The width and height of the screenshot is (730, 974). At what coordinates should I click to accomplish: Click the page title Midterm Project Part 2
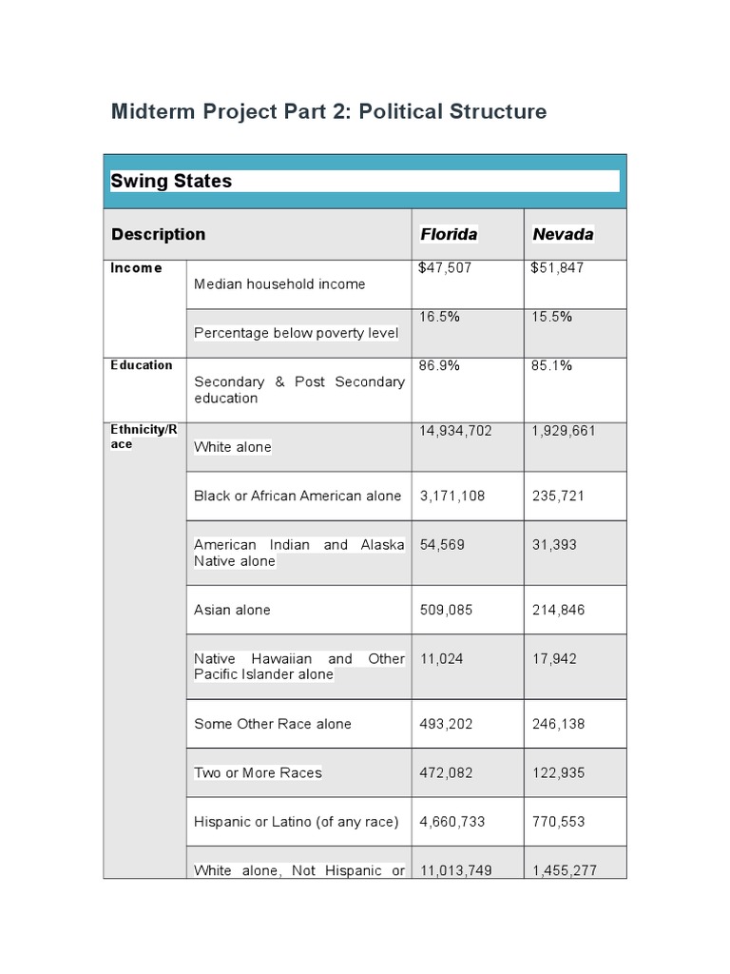coord(329,112)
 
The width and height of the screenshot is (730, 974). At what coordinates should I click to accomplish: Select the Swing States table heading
coord(172,181)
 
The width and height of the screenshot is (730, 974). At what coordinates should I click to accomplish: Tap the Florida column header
coord(449,234)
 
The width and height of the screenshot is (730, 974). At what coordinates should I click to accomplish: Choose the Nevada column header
coord(563,234)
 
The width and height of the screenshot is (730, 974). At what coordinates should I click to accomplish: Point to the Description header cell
coord(158,234)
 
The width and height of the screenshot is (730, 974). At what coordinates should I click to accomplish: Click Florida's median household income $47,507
coord(445,268)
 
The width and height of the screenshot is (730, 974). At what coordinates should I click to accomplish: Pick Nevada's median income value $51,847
coord(557,268)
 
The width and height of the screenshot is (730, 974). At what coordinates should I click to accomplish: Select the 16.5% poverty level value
coord(440,317)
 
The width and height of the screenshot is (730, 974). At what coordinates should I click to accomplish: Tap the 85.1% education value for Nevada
coord(552,365)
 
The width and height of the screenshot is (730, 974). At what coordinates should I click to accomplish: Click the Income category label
coord(136,268)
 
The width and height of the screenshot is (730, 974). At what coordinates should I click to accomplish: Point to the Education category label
coord(142,365)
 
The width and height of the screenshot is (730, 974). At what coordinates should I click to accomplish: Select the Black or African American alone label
coord(298,496)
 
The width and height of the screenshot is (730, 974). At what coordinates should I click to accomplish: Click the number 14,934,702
coord(456,431)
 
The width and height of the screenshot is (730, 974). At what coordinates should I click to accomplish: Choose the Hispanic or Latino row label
coord(296,822)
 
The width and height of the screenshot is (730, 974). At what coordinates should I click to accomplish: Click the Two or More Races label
coord(258,772)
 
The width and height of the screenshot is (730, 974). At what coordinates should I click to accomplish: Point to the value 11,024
coord(442,658)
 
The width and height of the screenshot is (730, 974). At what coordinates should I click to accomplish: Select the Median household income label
coord(279,283)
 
